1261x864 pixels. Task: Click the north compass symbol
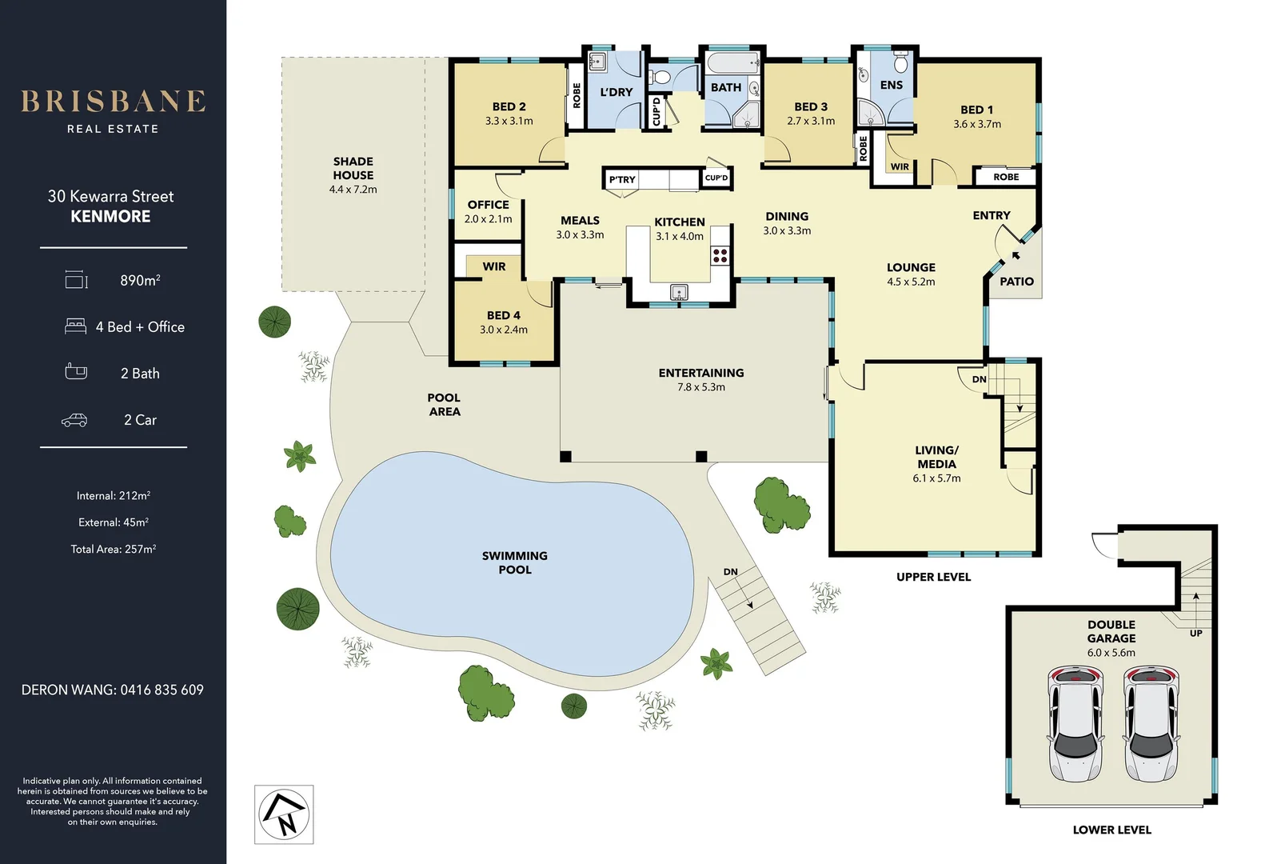click(x=285, y=814)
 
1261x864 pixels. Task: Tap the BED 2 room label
click(x=509, y=106)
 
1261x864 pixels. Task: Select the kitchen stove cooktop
click(x=720, y=255)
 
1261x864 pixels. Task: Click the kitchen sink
click(x=680, y=292)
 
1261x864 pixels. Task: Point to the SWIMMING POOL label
click(x=514, y=562)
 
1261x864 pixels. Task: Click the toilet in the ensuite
click(x=901, y=63)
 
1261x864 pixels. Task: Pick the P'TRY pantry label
click(x=622, y=180)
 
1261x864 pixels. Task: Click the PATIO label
click(x=1016, y=282)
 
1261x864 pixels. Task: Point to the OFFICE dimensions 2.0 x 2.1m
click(x=488, y=219)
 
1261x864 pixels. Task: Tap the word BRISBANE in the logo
click(x=114, y=102)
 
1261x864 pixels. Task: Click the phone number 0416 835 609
click(x=162, y=690)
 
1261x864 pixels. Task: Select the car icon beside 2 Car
click(x=74, y=420)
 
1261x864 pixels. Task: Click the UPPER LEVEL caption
click(x=933, y=577)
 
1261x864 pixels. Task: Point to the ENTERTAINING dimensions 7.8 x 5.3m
click(x=701, y=387)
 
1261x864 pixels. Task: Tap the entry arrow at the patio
click(x=1016, y=256)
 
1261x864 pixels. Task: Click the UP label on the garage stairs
click(x=1196, y=633)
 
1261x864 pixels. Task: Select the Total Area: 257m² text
click(x=114, y=549)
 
